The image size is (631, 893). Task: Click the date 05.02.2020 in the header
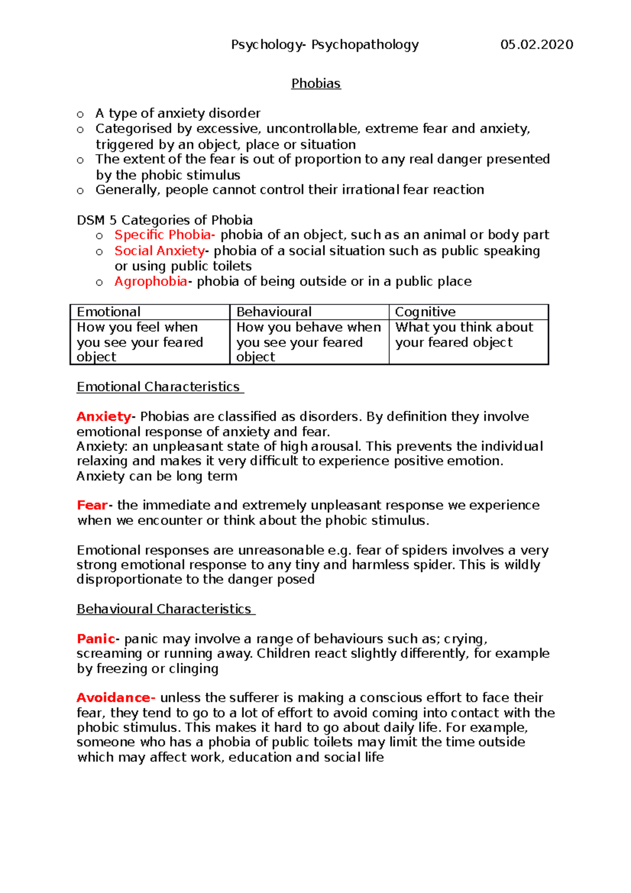click(536, 45)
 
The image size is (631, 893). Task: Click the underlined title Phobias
click(316, 84)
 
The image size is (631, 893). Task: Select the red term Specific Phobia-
click(165, 235)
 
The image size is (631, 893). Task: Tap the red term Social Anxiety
click(160, 251)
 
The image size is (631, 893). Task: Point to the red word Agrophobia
click(151, 282)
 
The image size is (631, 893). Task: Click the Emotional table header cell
click(150, 312)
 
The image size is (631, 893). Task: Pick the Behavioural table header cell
click(309, 312)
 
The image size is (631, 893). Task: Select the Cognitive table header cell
click(468, 312)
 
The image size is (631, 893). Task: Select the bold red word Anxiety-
click(106, 417)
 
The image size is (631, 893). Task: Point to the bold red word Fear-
click(95, 505)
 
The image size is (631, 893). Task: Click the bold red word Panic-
click(98, 639)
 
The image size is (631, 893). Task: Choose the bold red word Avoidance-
click(116, 698)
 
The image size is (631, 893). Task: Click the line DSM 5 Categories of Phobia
click(165, 220)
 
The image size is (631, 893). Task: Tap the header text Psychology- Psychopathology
click(325, 45)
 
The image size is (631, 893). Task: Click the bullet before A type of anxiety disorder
click(80, 114)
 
